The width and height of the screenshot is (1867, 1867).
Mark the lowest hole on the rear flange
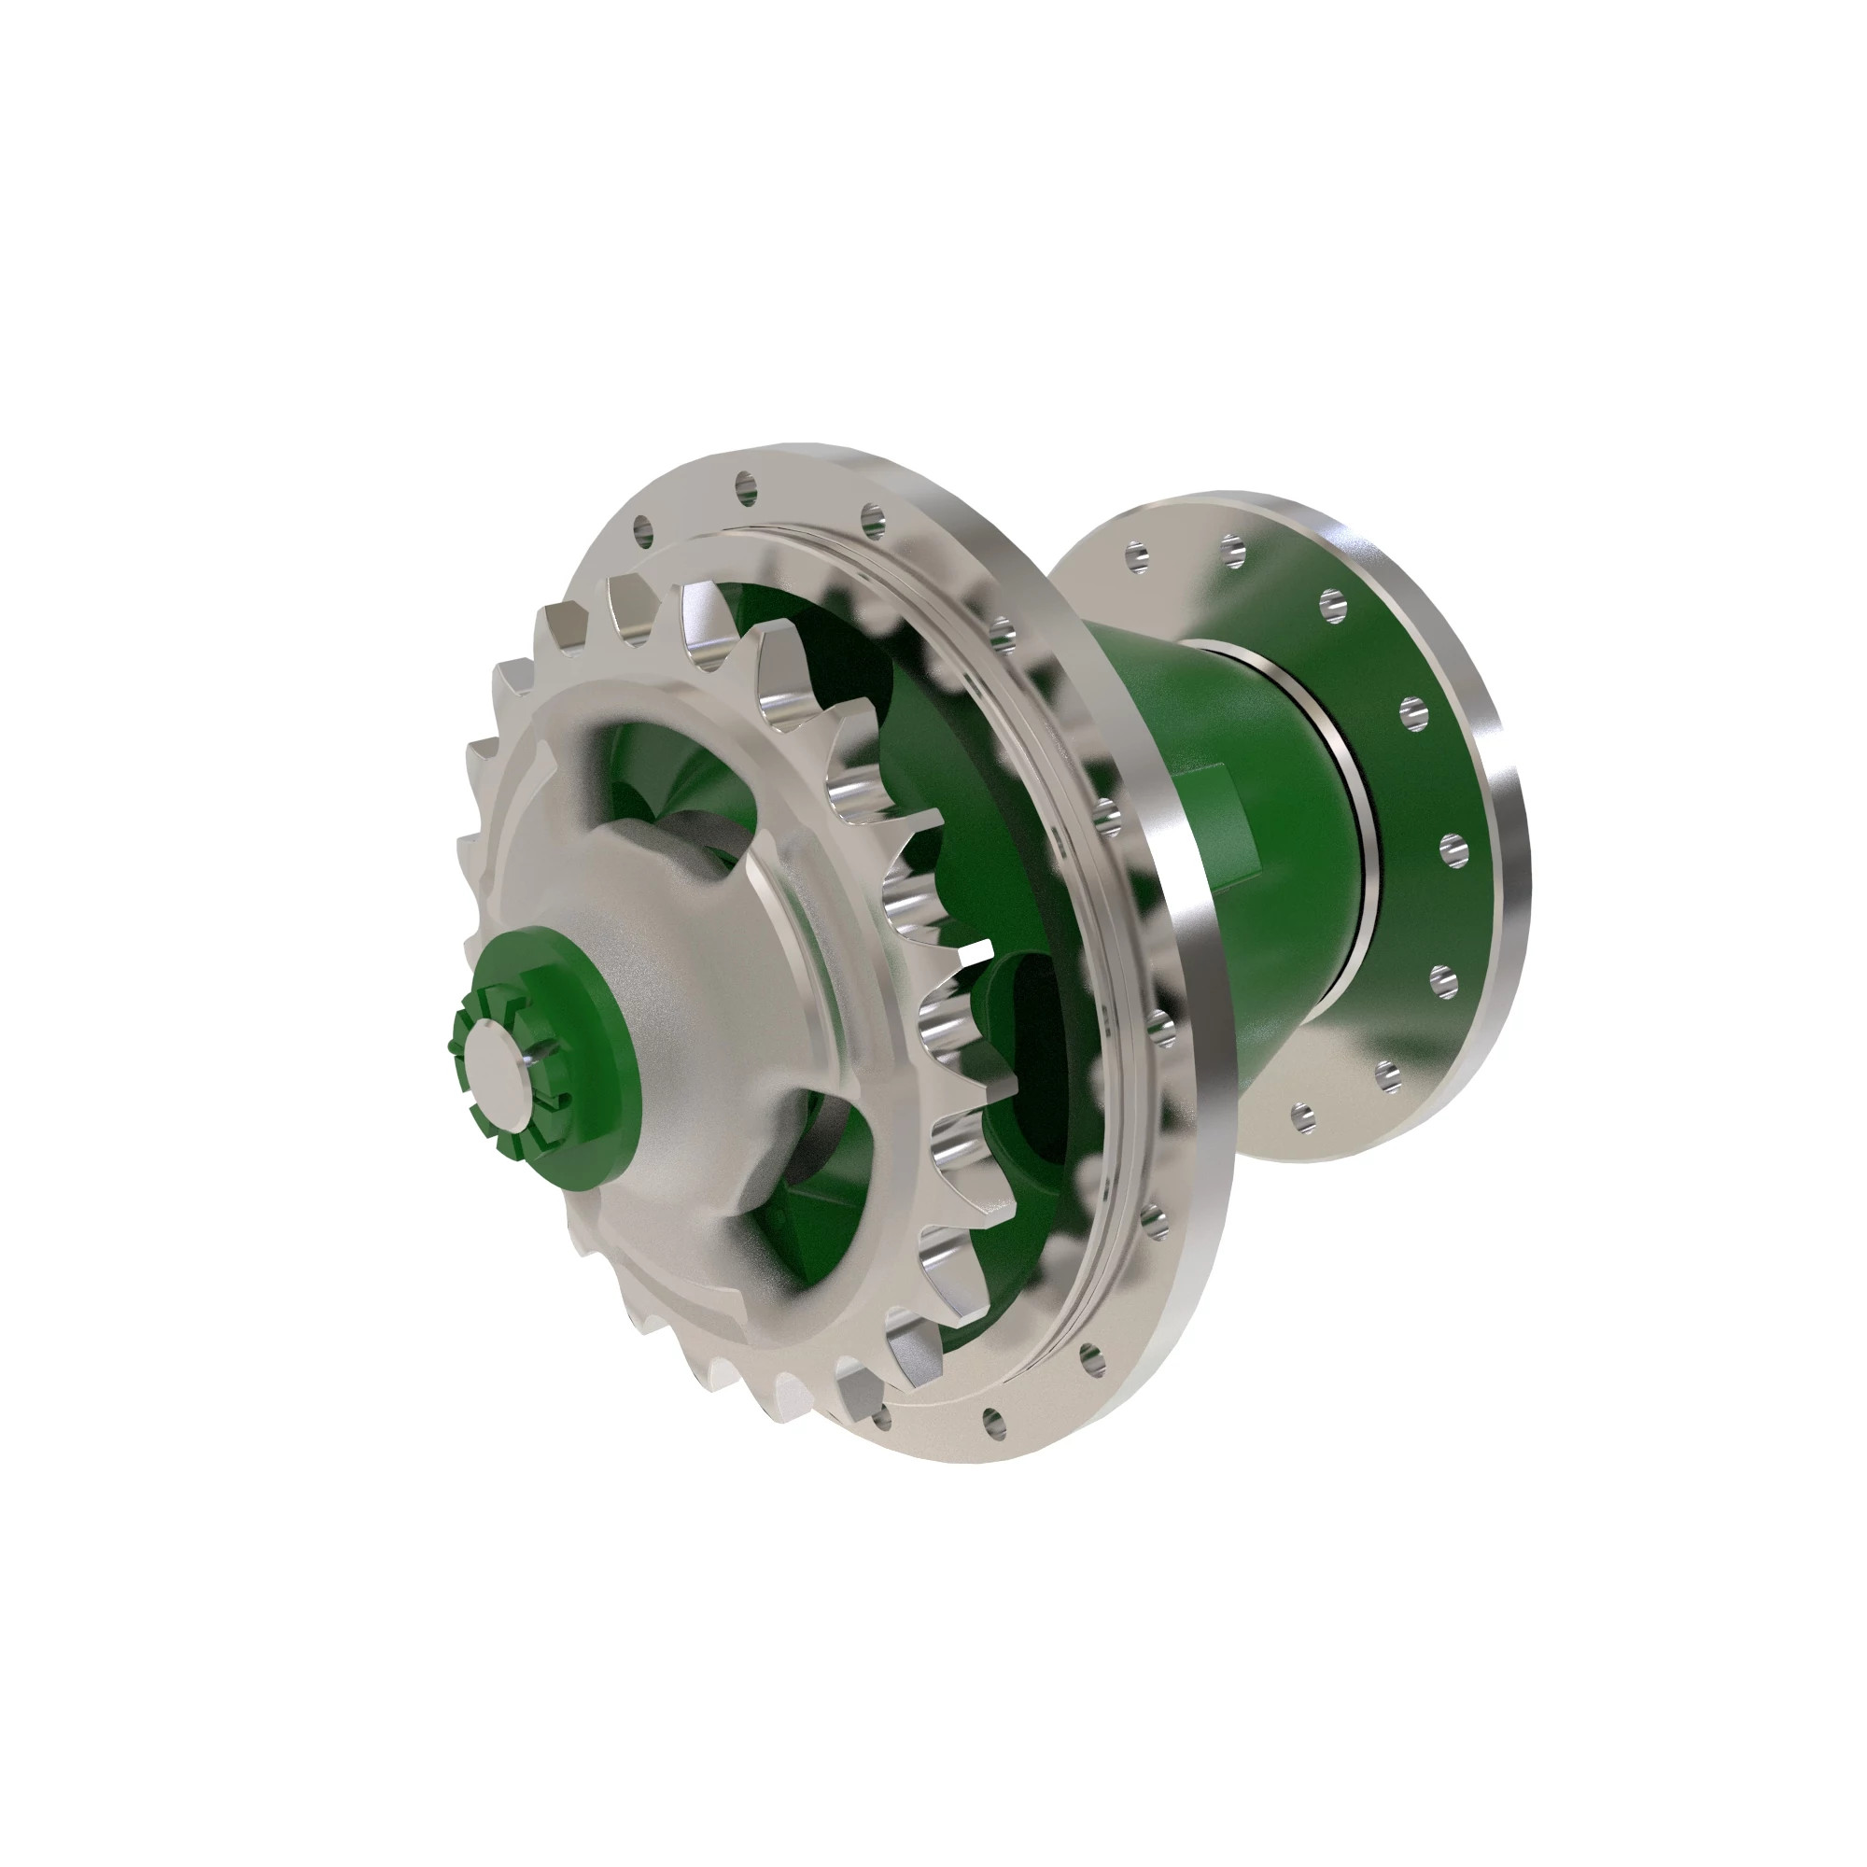click(1305, 1119)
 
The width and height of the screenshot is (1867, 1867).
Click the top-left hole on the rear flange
click(1137, 555)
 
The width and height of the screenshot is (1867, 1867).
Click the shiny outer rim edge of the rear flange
click(1508, 870)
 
